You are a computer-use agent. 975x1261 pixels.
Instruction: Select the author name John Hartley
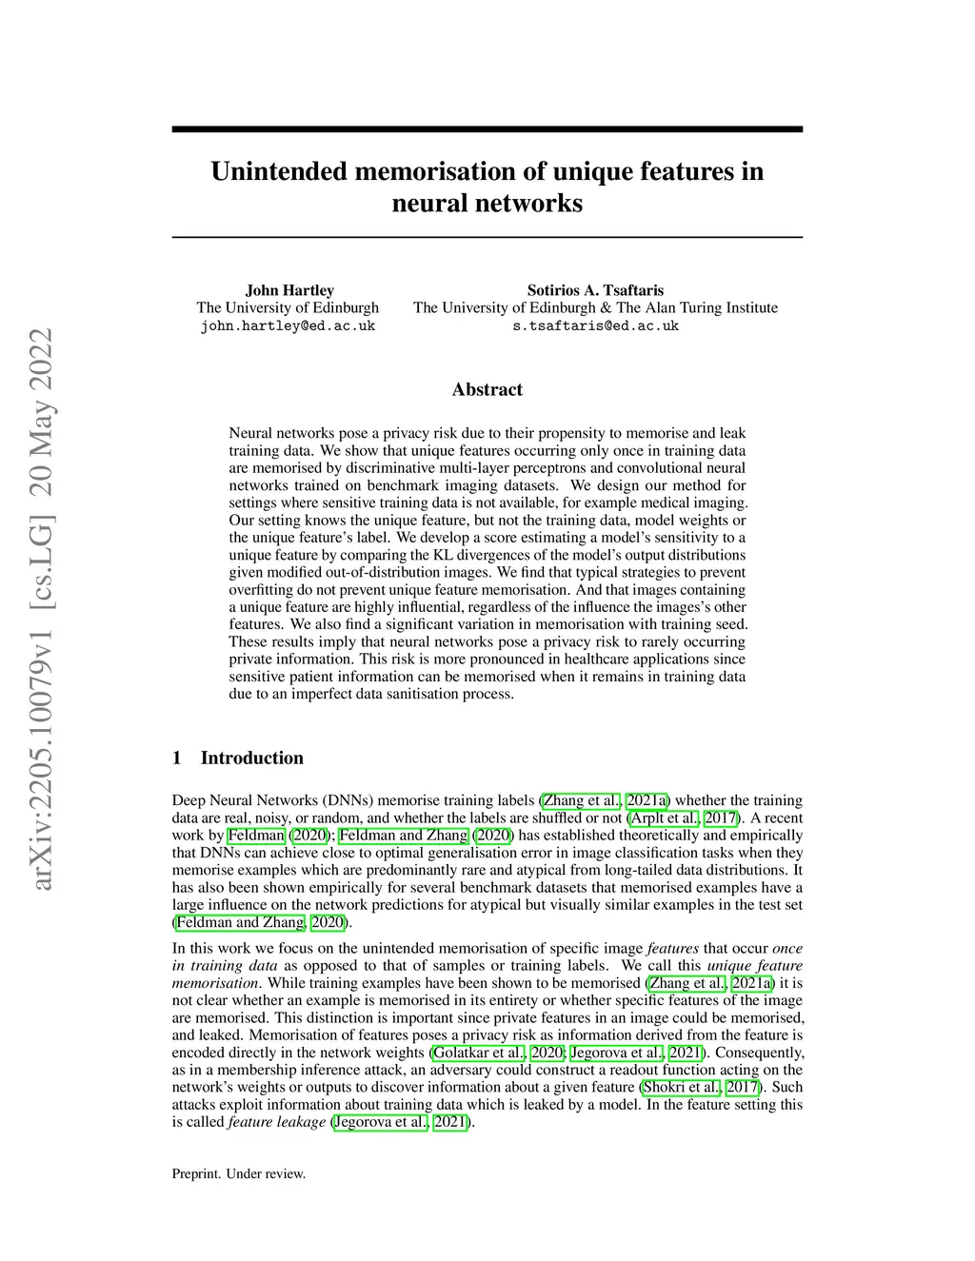point(289,290)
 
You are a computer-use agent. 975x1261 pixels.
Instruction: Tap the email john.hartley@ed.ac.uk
point(288,325)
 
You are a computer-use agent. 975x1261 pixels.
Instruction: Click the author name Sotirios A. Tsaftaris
point(595,290)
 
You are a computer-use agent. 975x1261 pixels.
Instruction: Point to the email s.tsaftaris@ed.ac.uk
point(595,325)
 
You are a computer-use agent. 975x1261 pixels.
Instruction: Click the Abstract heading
point(487,389)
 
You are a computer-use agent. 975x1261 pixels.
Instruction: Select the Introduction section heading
point(251,758)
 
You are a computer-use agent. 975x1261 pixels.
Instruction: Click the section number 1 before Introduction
point(176,758)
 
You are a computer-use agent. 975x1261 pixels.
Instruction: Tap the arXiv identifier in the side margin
point(42,609)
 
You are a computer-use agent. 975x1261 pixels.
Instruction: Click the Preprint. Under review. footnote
point(238,1173)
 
